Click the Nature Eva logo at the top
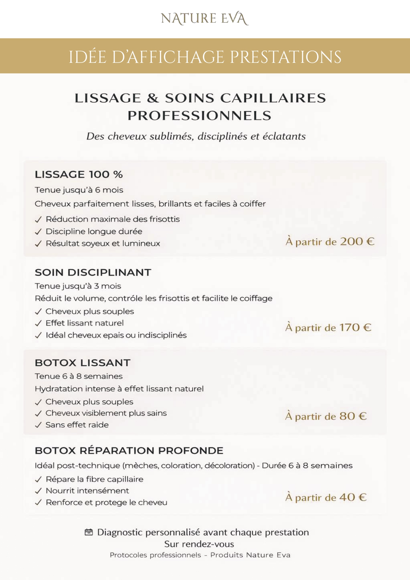pos(205,19)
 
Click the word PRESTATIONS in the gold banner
pos(285,57)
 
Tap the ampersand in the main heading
pos(153,98)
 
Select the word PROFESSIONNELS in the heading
pos(200,116)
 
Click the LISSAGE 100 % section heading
pos(79,174)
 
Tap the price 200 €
pos(357,241)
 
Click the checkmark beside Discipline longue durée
pos(38,232)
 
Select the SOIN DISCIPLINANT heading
pos(93,272)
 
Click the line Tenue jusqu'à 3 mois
pos(78,286)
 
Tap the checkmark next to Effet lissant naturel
pos(38,323)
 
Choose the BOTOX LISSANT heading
pos(83,363)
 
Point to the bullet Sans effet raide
pos(77,425)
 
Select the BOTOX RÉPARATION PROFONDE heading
pos(129,450)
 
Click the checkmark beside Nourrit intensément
pos(38,491)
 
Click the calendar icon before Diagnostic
pos(89,532)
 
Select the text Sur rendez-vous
pos(199,544)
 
